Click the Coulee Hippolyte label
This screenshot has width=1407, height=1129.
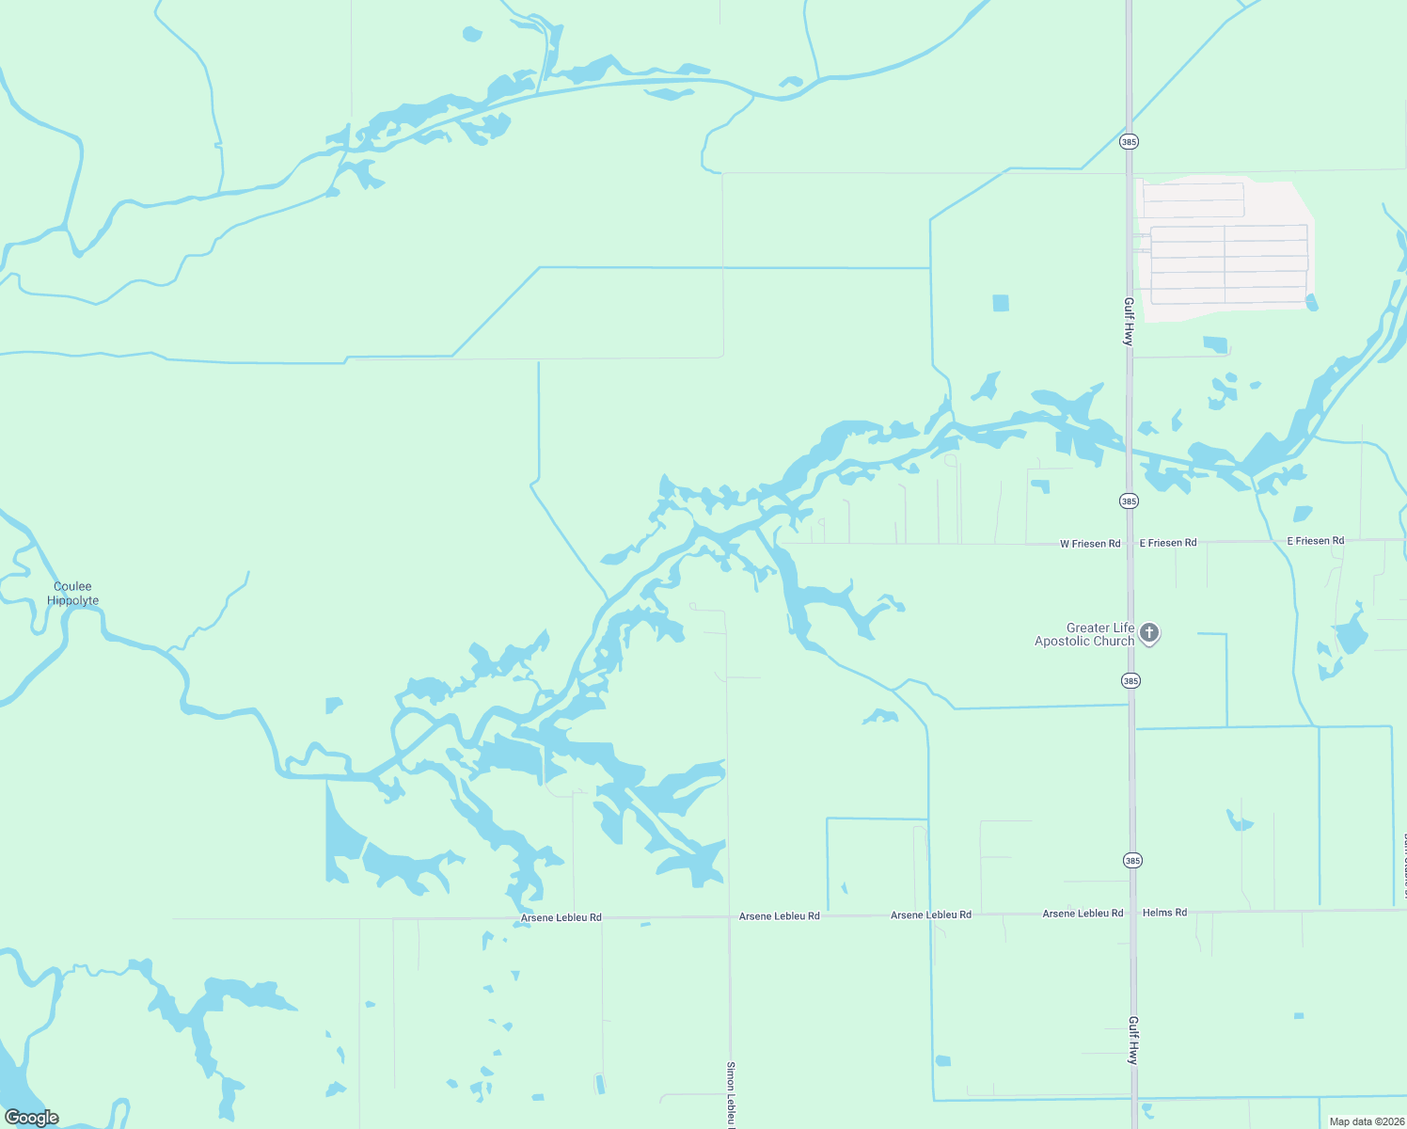(72, 594)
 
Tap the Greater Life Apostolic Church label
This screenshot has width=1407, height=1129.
(1084, 635)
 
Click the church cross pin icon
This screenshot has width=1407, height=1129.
(1148, 633)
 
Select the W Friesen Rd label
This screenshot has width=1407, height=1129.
(1090, 544)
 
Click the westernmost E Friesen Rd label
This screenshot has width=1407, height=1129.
(1168, 543)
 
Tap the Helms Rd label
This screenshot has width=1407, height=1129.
(1164, 913)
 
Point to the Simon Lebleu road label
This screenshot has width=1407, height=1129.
(731, 1094)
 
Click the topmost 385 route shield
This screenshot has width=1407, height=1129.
(1130, 142)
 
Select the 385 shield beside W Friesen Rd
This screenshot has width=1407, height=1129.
(1130, 501)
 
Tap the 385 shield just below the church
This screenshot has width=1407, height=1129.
(1130, 681)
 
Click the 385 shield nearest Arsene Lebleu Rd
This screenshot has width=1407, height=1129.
(1131, 861)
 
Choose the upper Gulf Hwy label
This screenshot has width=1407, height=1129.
(1129, 322)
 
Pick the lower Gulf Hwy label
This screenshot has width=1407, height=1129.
(1133, 1040)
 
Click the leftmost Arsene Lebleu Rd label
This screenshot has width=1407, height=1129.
(561, 917)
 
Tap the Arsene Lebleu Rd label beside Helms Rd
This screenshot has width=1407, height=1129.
(1083, 914)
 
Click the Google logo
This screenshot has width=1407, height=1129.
(32, 1118)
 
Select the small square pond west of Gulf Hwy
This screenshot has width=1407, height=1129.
(1001, 303)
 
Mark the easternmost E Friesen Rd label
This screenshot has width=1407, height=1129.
(1315, 541)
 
